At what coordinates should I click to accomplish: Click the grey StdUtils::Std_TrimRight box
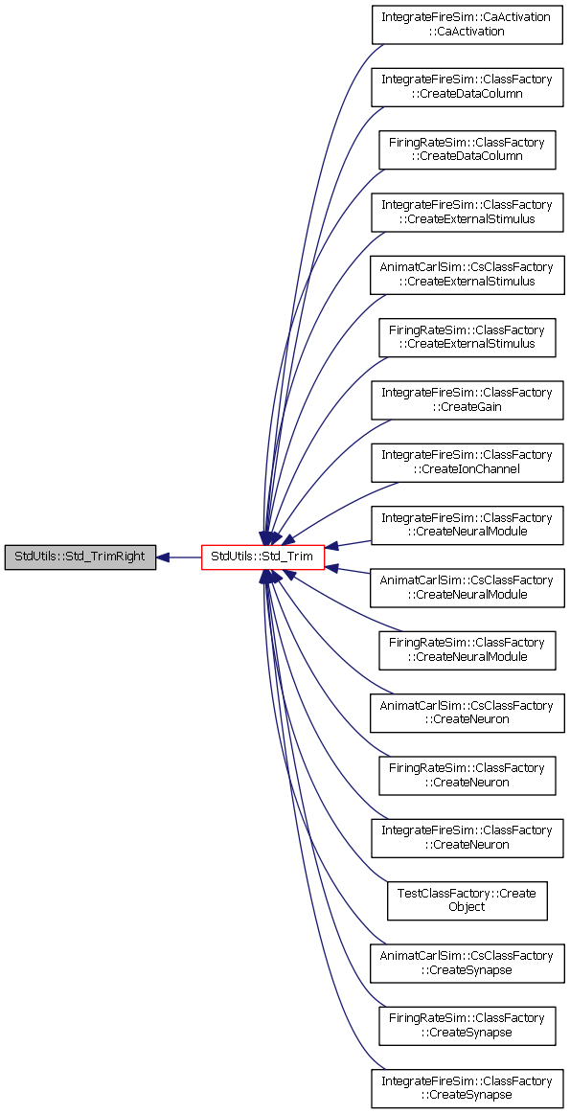pyautogui.click(x=80, y=557)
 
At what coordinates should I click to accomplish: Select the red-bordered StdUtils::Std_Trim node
pyautogui.click(x=263, y=557)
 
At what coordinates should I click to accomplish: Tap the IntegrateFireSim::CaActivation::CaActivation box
pyautogui.click(x=467, y=24)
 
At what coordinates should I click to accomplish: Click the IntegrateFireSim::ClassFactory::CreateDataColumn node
pyautogui.click(x=467, y=86)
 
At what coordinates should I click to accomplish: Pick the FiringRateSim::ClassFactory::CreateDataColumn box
pyautogui.click(x=467, y=149)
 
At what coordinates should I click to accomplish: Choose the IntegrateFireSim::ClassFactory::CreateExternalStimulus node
pyautogui.click(x=467, y=212)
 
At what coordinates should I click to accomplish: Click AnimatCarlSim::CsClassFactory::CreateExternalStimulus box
pyautogui.click(x=467, y=274)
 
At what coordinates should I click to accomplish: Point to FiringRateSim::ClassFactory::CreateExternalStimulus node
pyautogui.click(x=467, y=337)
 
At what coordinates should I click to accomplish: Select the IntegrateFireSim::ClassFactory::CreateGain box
pyautogui.click(x=467, y=399)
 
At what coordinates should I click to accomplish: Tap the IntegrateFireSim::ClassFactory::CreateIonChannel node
pyautogui.click(x=467, y=462)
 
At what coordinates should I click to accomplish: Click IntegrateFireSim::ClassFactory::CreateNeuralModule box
pyautogui.click(x=467, y=525)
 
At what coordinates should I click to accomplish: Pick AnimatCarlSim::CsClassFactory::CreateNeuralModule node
pyautogui.click(x=467, y=587)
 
